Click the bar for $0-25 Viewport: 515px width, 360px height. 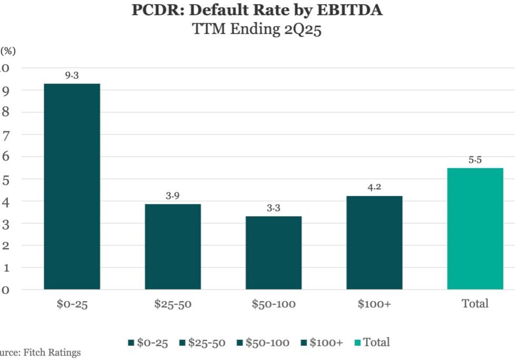click(x=72, y=187)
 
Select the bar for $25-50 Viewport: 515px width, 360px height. click(x=173, y=246)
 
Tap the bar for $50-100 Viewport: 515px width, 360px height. click(x=274, y=253)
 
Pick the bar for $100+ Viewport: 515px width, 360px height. click(x=374, y=243)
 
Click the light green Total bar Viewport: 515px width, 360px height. click(x=475, y=229)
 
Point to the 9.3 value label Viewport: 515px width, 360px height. click(x=72, y=76)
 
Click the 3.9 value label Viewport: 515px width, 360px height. click(x=173, y=196)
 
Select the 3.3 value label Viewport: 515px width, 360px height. click(x=274, y=208)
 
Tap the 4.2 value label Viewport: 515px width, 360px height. click(x=374, y=188)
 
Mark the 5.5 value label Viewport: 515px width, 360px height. click(x=475, y=160)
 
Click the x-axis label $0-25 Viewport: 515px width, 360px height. click(x=72, y=304)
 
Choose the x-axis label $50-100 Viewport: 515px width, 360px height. click(x=274, y=304)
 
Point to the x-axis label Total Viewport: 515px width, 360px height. click(x=475, y=304)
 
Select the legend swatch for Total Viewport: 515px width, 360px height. click(x=357, y=343)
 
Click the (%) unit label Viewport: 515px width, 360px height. click(x=8, y=51)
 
